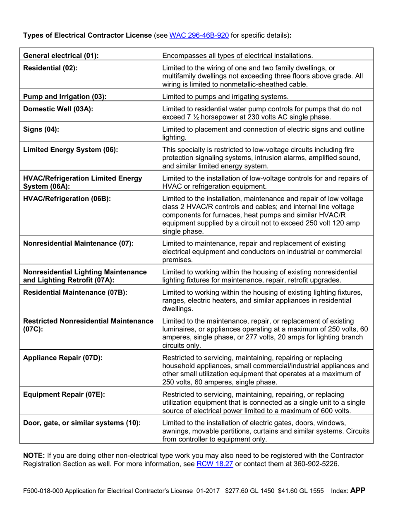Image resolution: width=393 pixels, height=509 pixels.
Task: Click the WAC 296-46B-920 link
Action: [x=199, y=35]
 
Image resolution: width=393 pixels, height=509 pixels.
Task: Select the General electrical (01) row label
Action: [x=61, y=55]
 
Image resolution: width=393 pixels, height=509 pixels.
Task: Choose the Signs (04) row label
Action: [x=41, y=129]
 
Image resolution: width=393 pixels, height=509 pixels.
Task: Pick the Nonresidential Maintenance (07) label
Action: [x=79, y=243]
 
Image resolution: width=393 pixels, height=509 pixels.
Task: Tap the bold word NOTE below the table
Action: [x=32, y=455]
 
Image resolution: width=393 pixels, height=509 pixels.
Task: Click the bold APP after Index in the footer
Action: [x=358, y=491]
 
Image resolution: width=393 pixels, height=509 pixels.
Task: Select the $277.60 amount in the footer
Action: [x=237, y=491]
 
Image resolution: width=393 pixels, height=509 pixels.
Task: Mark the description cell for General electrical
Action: [x=237, y=55]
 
